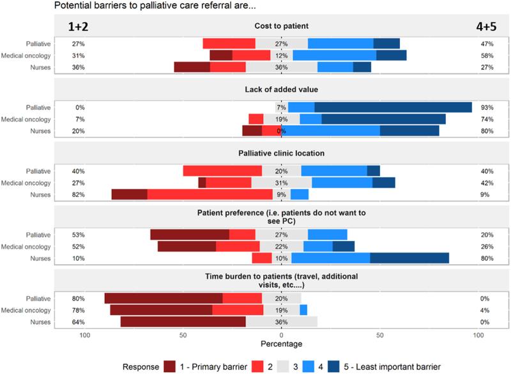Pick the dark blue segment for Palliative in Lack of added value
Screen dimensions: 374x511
(393, 107)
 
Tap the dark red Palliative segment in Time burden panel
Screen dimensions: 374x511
(164, 298)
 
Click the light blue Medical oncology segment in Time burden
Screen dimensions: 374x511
(303, 310)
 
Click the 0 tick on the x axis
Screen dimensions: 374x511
(281, 334)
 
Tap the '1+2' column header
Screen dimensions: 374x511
(80, 26)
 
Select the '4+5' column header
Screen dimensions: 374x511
(484, 26)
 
